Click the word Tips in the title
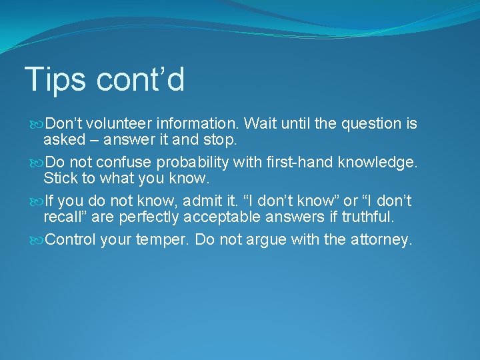pos(55,80)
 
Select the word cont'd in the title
pos(140,80)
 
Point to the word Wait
pos(260,124)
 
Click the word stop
pos(219,140)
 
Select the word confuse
pos(118,163)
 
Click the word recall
pos(61,217)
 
